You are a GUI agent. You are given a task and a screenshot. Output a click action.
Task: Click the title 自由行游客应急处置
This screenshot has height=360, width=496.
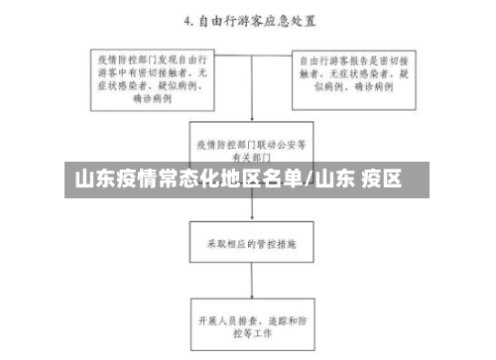256,19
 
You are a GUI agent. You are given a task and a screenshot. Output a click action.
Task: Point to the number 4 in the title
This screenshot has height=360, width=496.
185,19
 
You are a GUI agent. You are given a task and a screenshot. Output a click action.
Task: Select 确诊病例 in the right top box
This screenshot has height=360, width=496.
376,86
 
